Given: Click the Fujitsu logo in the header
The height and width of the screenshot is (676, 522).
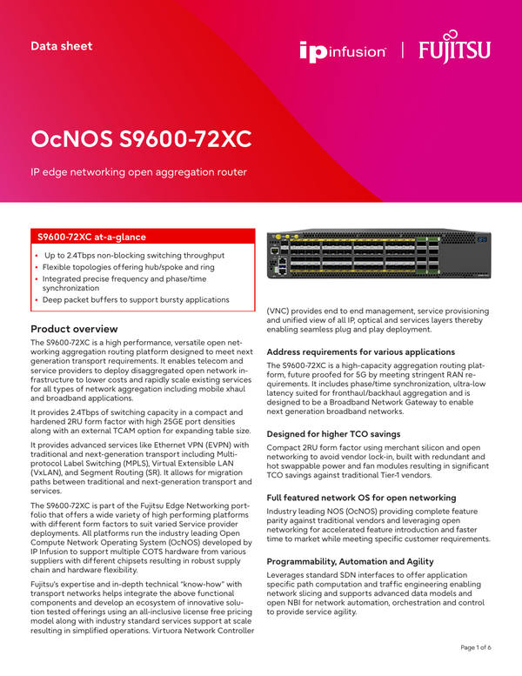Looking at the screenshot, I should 455,48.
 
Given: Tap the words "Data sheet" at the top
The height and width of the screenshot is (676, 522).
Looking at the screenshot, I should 61,45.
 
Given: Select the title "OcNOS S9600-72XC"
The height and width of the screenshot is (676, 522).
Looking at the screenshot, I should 142,139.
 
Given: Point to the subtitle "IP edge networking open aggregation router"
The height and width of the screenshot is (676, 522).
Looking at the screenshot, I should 139,172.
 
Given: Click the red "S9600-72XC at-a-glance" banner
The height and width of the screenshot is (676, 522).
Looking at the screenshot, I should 143,236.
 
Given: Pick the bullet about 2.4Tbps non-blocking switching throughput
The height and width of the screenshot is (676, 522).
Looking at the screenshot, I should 135,255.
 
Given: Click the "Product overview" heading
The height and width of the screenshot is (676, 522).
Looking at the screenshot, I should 74,329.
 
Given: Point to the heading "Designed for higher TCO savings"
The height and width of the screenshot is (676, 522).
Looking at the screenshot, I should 334,433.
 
